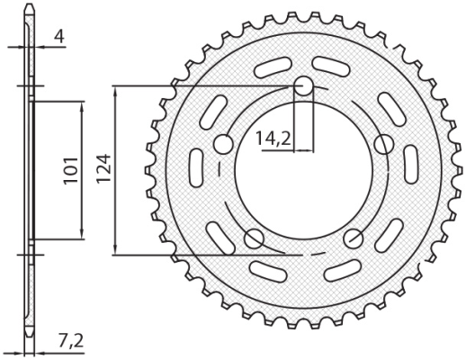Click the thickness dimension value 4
(58, 38)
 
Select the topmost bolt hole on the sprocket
(304, 86)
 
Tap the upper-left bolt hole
(224, 144)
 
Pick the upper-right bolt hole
(384, 144)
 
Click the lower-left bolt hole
(255, 238)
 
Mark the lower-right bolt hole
(354, 238)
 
